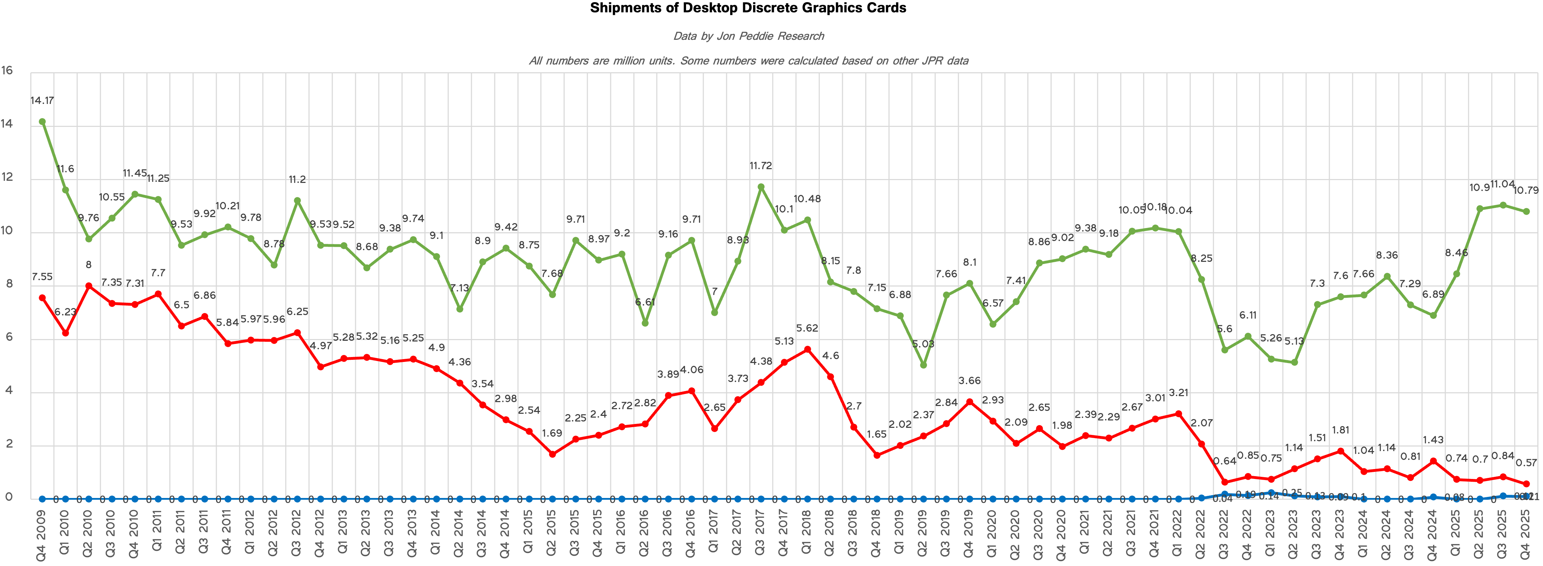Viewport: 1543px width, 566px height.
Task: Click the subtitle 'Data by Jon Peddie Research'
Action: pyautogui.click(x=748, y=36)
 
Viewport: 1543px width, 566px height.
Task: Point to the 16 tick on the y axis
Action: pyautogui.click(x=7, y=71)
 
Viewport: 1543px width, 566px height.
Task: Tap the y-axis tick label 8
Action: pyautogui.click(x=9, y=284)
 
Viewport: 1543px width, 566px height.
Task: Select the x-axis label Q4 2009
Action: pyautogui.click(x=41, y=535)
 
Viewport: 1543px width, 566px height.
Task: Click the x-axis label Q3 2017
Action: pyautogui.click(x=760, y=535)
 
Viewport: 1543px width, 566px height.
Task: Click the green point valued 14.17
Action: pyautogui.click(x=42, y=122)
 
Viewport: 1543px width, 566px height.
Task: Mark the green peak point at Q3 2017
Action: pyautogui.click(x=761, y=187)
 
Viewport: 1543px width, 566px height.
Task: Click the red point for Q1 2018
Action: pyautogui.click(x=807, y=349)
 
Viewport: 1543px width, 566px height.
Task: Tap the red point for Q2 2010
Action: pyautogui.click(x=89, y=286)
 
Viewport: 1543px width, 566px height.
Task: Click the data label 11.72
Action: pyautogui.click(x=761, y=166)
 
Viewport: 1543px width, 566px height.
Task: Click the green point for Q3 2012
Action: pyautogui.click(x=297, y=201)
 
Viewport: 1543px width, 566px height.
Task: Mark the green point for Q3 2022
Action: pyautogui.click(x=1224, y=350)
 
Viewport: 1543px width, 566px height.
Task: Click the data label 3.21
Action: pyautogui.click(x=1178, y=393)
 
